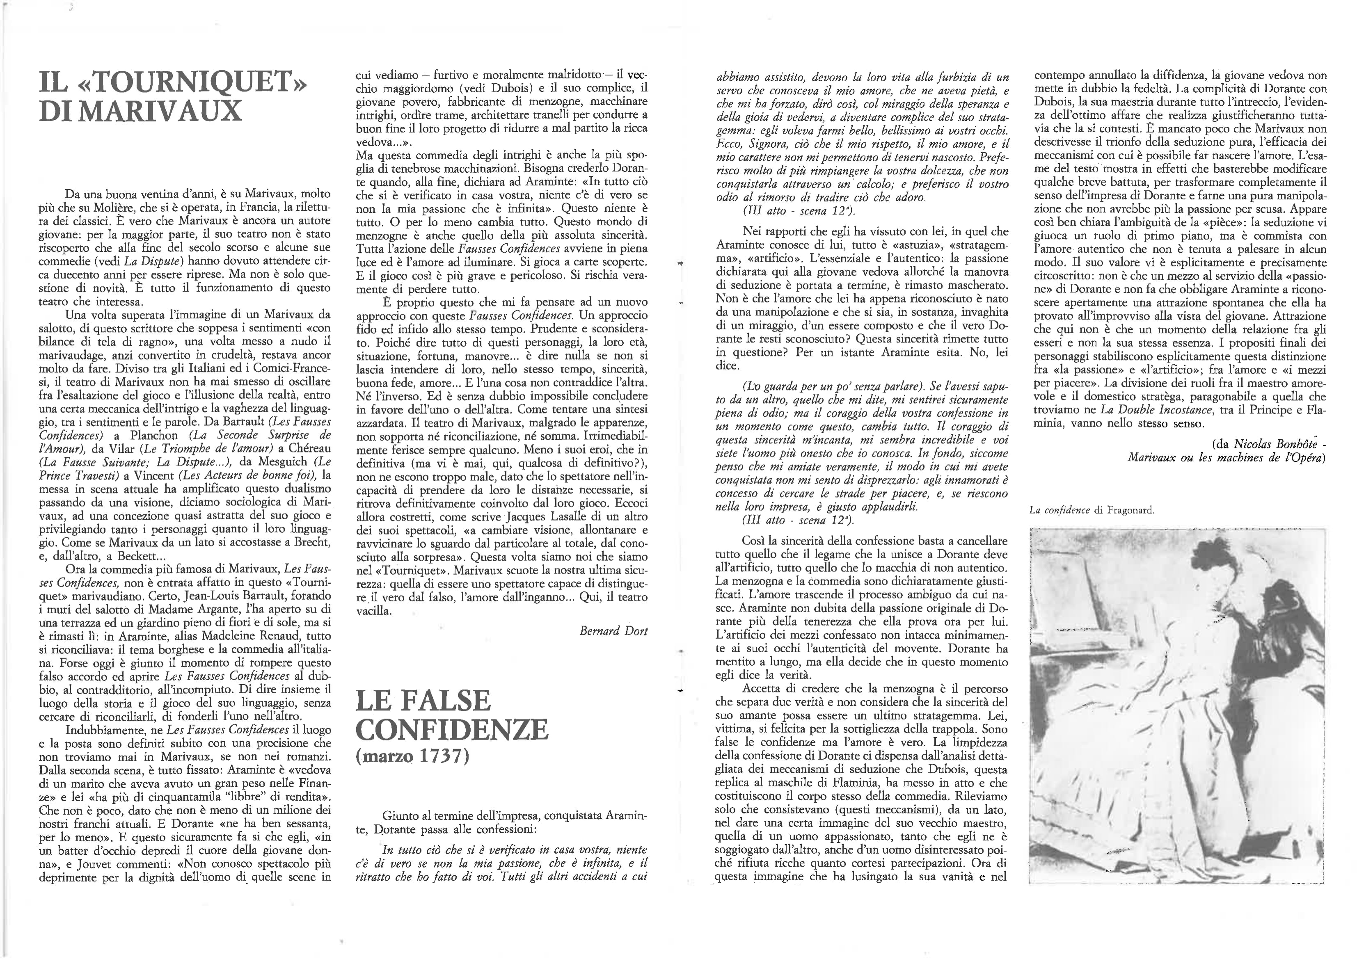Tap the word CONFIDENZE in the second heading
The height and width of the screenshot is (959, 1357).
coord(453,730)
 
